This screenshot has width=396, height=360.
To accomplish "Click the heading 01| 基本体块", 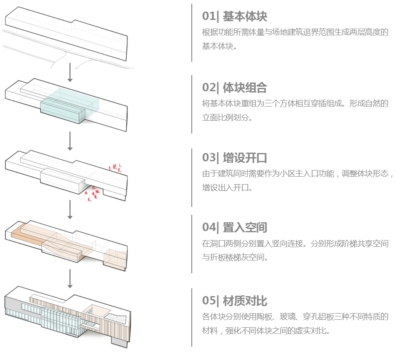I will [x=235, y=17].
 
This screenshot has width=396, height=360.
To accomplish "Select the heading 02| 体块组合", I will [x=235, y=88].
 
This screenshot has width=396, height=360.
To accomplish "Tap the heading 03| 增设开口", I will [x=235, y=158].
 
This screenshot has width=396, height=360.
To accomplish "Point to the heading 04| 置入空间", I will [x=235, y=227].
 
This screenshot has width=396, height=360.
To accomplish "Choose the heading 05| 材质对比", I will [x=235, y=301].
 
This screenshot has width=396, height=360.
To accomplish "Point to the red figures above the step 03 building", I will [x=116, y=167].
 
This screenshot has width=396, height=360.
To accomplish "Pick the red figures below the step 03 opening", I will [x=93, y=194].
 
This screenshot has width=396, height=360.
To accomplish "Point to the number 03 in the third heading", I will [x=208, y=158].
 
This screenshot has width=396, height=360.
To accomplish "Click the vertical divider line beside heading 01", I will [x=192, y=33].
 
